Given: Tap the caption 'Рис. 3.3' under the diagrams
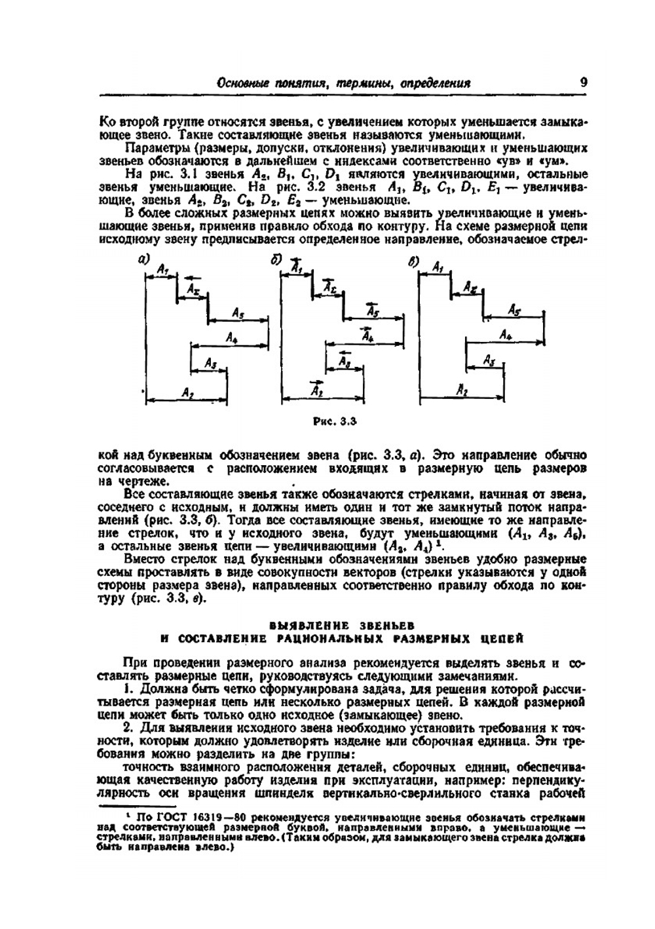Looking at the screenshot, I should click(334, 422).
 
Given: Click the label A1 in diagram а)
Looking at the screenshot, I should click(163, 268).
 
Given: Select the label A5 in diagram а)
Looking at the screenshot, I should click(238, 314).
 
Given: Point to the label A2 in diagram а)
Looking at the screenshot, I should click(188, 392).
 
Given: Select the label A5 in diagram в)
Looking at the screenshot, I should click(514, 310).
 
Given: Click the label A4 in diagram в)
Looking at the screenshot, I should click(505, 334).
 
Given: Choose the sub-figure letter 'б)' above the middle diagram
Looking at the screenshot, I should click(277, 259).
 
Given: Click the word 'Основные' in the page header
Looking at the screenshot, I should click(242, 83).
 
